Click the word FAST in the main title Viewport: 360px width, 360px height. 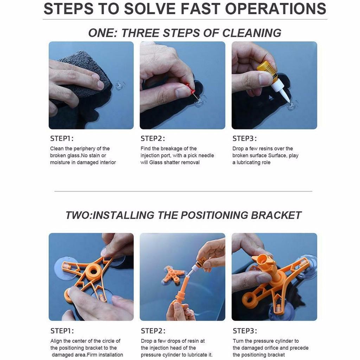[201, 9]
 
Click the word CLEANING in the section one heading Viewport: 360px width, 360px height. [252, 33]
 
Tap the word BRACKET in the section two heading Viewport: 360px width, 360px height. [276, 216]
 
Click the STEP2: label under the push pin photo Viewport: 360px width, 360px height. [153, 139]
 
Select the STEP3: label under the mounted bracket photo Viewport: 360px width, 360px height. [245, 331]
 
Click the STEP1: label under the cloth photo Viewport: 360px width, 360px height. [62, 139]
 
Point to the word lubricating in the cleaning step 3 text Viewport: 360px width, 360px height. [251, 162]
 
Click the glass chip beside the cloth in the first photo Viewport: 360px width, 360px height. [120, 85]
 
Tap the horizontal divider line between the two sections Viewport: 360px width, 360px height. [183, 191]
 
